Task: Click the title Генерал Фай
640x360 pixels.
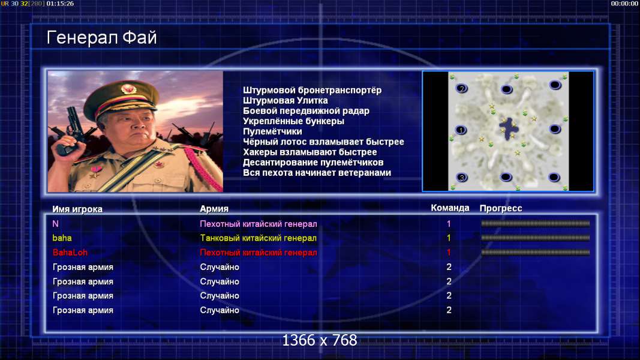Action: pos(101,38)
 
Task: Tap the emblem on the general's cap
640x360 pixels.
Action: pos(128,88)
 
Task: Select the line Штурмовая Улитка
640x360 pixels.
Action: pos(286,100)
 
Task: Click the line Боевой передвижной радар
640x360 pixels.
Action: pos(306,111)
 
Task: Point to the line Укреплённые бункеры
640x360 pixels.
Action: pos(293,121)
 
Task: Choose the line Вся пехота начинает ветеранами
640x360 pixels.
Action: pos(317,173)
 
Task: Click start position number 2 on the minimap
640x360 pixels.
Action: pos(462,88)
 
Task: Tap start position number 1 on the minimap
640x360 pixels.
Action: pos(461,130)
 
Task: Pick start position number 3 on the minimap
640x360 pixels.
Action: pos(462,178)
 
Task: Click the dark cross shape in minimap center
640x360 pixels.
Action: pos(509,129)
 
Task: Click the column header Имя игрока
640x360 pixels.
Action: pos(77,209)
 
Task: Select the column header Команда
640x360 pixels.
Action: pos(450,208)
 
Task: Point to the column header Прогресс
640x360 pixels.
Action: pos(501,208)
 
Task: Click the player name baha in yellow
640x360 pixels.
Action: pos(62,238)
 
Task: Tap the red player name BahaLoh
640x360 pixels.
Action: pos(70,252)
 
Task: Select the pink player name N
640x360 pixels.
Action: pos(56,224)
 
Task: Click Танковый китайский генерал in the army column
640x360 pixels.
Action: pos(259,238)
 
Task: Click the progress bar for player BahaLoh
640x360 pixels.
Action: pos(536,252)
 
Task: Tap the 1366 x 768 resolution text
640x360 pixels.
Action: pos(320,340)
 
